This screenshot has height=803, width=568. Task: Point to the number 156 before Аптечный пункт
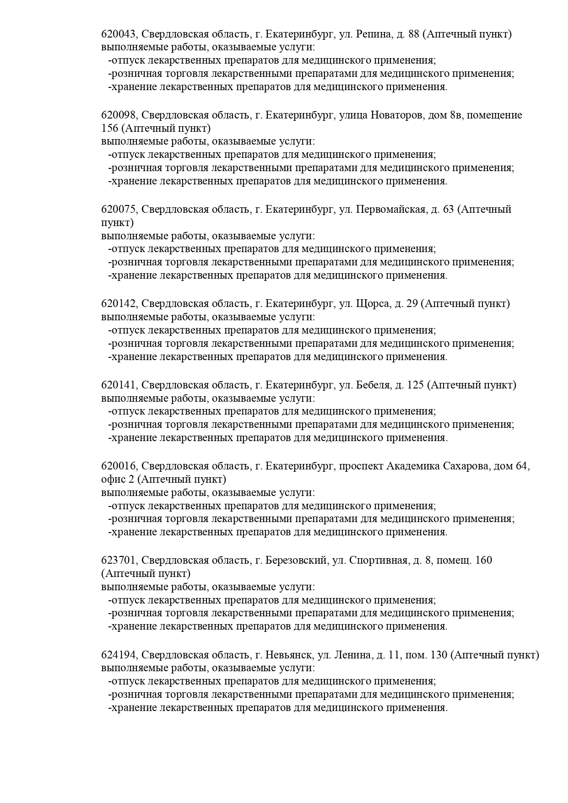click(x=110, y=129)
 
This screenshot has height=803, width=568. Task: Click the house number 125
click(x=415, y=385)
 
